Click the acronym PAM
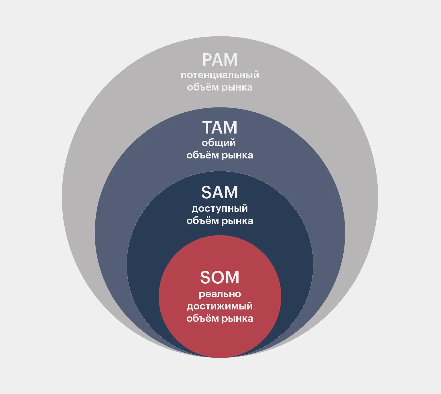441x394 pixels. [220, 60]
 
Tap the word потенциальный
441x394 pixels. [220, 75]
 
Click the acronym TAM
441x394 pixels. [220, 128]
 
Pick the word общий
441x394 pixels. [219, 143]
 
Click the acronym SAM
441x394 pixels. [220, 192]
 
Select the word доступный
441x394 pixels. [220, 209]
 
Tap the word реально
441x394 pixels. [220, 294]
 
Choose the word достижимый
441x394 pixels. [220, 306]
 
